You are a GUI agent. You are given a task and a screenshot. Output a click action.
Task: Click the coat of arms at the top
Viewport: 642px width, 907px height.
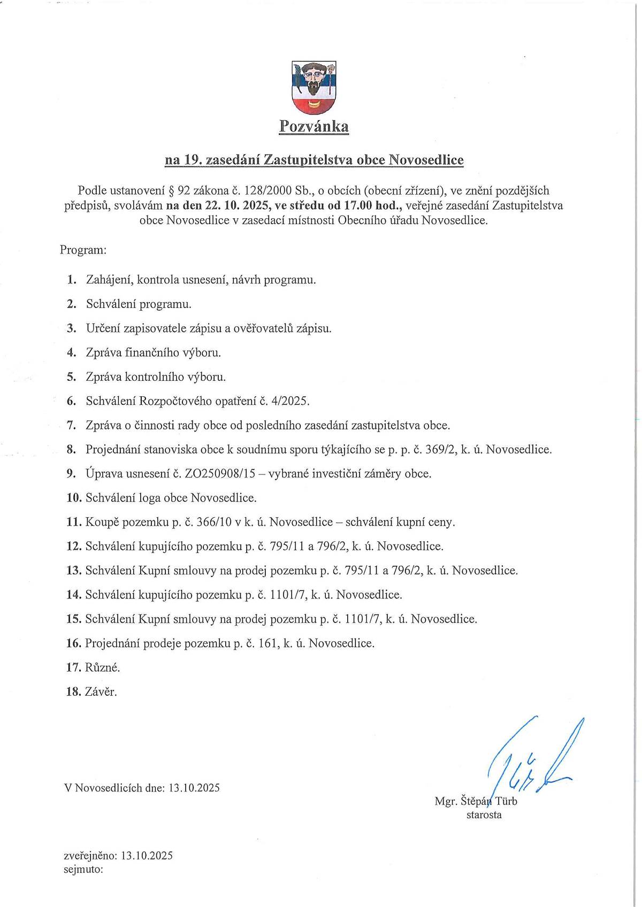[x=314, y=88]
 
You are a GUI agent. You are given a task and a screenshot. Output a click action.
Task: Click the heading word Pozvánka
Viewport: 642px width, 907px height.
[x=314, y=127]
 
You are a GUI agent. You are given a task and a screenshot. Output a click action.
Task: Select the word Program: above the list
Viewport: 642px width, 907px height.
[x=83, y=250]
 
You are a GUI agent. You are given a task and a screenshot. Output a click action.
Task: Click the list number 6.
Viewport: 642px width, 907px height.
[x=71, y=401]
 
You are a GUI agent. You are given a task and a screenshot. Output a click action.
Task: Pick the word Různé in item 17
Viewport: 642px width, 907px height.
[x=102, y=668]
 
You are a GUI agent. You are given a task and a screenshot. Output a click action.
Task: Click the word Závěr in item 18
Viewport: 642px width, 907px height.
[x=101, y=692]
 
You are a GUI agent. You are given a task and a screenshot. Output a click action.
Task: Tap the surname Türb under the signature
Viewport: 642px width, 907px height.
[x=506, y=801]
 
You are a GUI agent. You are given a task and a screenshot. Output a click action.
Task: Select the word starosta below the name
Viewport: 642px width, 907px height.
[x=484, y=815]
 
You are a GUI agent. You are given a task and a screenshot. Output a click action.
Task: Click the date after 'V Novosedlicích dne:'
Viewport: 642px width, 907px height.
[x=194, y=788]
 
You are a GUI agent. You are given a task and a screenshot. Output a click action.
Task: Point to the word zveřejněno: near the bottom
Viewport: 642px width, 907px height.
[x=90, y=856]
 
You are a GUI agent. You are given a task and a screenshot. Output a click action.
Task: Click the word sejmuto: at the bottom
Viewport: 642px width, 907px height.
[x=83, y=869]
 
